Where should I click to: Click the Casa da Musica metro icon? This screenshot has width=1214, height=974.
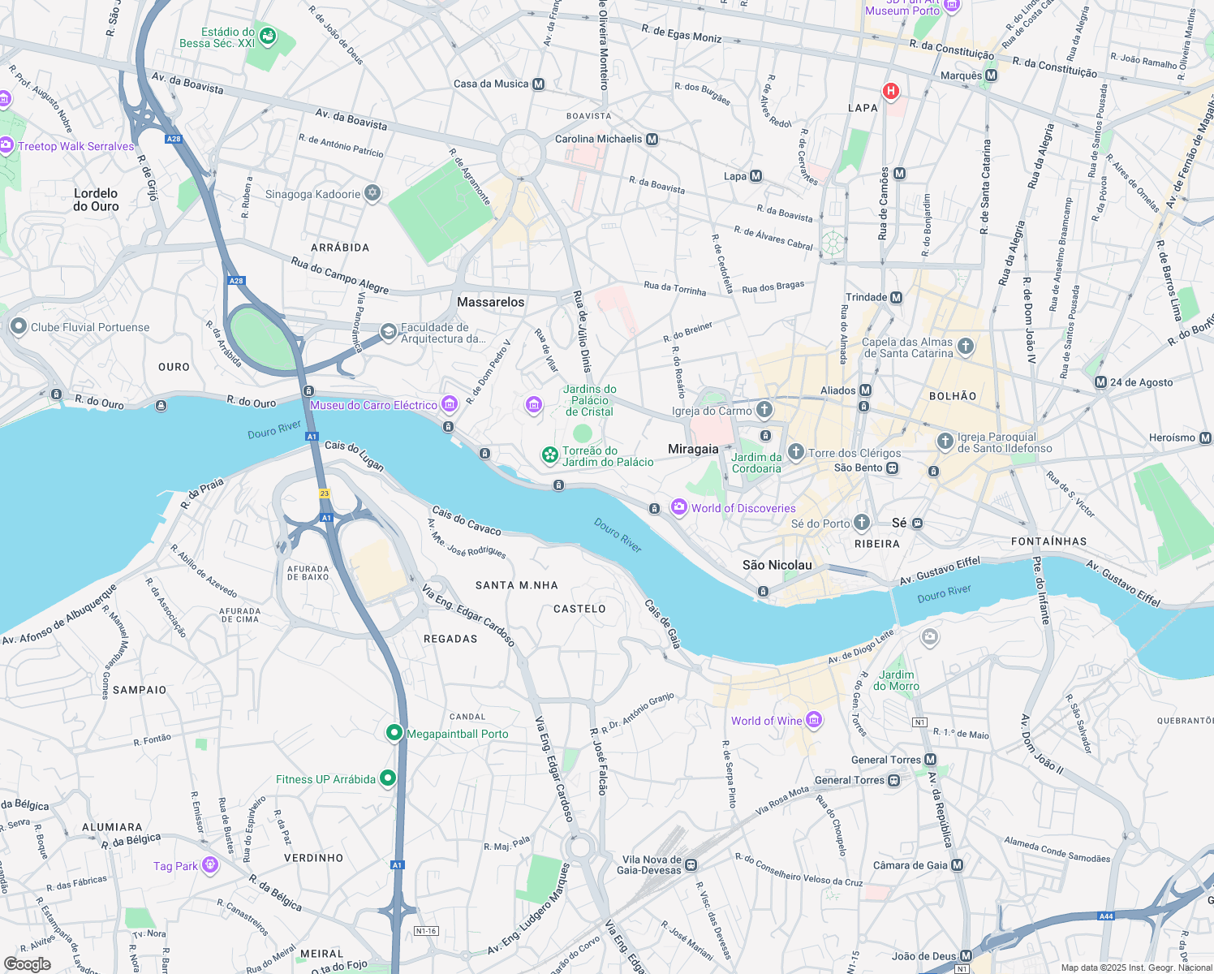pyautogui.click(x=539, y=84)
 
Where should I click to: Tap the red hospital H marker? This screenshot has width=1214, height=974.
pyautogui.click(x=891, y=91)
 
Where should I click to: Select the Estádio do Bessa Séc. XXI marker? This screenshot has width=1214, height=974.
pyautogui.click(x=268, y=37)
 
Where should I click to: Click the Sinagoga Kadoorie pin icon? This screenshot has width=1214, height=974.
pyautogui.click(x=372, y=193)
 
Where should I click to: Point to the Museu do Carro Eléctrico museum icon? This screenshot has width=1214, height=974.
pyautogui.click(x=450, y=404)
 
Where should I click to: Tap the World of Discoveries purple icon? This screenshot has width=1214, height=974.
pyautogui.click(x=678, y=507)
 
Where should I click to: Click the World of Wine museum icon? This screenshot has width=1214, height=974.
pyautogui.click(x=815, y=719)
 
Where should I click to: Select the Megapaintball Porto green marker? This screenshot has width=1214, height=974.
pyautogui.click(x=394, y=733)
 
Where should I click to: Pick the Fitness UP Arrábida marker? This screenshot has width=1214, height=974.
pyautogui.click(x=388, y=778)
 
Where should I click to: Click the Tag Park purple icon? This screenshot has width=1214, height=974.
pyautogui.click(x=210, y=865)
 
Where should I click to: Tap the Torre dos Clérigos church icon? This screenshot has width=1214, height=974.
pyautogui.click(x=796, y=452)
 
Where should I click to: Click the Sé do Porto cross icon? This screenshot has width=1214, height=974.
pyautogui.click(x=862, y=523)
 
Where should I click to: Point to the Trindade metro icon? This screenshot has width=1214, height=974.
pyautogui.click(x=897, y=297)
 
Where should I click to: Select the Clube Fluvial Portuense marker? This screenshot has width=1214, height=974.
pyautogui.click(x=19, y=326)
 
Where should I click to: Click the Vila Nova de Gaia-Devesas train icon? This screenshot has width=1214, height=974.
pyautogui.click(x=691, y=865)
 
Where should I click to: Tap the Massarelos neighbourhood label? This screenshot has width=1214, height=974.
pyautogui.click(x=490, y=302)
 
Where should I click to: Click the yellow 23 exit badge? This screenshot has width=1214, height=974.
pyautogui.click(x=325, y=493)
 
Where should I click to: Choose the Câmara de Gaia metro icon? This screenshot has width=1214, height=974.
pyautogui.click(x=957, y=865)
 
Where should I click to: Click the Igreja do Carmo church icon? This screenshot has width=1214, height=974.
pyautogui.click(x=764, y=410)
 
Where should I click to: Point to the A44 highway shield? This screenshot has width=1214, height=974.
pyautogui.click(x=1105, y=916)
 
